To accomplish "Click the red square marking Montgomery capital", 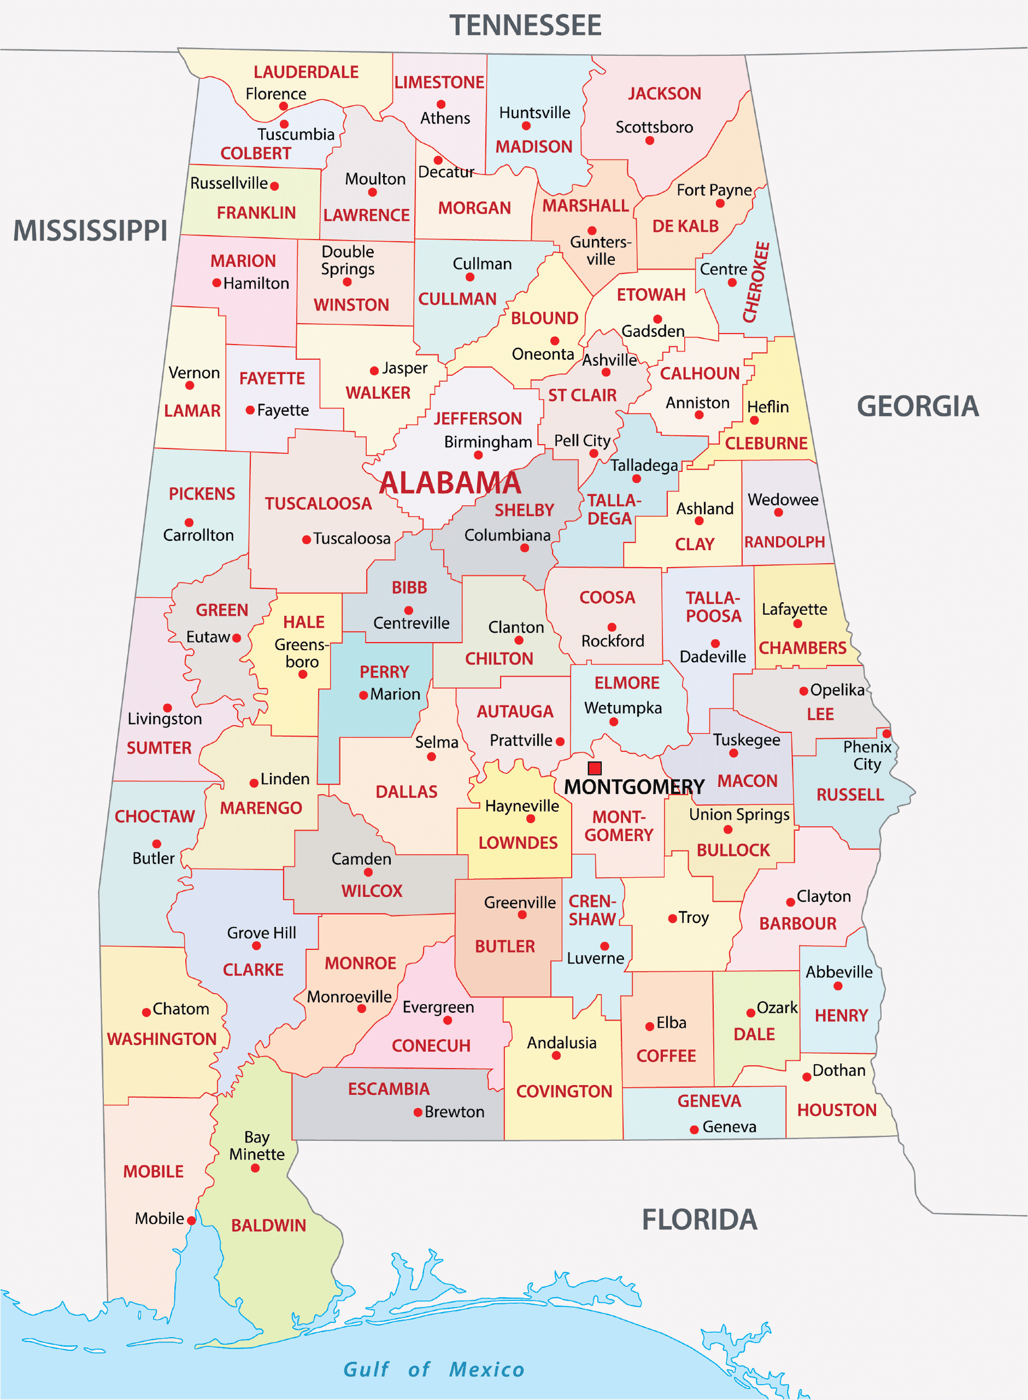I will (x=595, y=768).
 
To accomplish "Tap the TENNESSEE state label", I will (x=525, y=26).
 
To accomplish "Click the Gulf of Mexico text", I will (x=434, y=1369).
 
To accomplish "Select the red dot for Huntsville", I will (x=526, y=126).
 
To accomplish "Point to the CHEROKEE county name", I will (x=756, y=282).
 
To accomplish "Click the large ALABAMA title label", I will (x=450, y=483).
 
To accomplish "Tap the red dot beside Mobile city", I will (x=192, y=1221).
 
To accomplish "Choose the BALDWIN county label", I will (x=268, y=1225).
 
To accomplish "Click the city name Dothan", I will (x=839, y=1070).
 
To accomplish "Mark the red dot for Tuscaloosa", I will (x=306, y=540).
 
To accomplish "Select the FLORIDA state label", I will (x=700, y=1220).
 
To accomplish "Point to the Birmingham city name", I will (x=488, y=442).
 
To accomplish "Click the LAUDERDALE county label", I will (x=306, y=72).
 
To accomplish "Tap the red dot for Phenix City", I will (x=887, y=733).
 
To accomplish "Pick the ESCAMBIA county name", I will (x=388, y=1089).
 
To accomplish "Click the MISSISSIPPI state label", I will (x=91, y=230).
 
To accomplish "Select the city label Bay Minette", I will (x=256, y=1145).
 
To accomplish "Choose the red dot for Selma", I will (x=431, y=757).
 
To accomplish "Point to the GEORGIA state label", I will (x=917, y=406).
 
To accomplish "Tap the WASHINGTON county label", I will (x=162, y=1039).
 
